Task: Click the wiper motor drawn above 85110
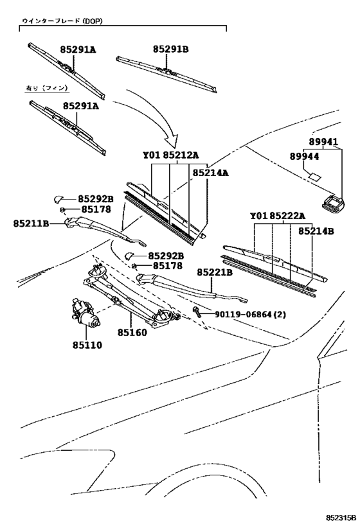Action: (82, 312)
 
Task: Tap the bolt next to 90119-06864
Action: (197, 312)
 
